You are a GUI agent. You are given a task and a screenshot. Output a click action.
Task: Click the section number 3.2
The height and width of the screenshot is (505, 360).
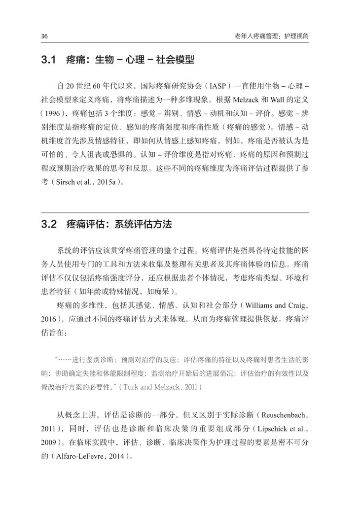(50, 225)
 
